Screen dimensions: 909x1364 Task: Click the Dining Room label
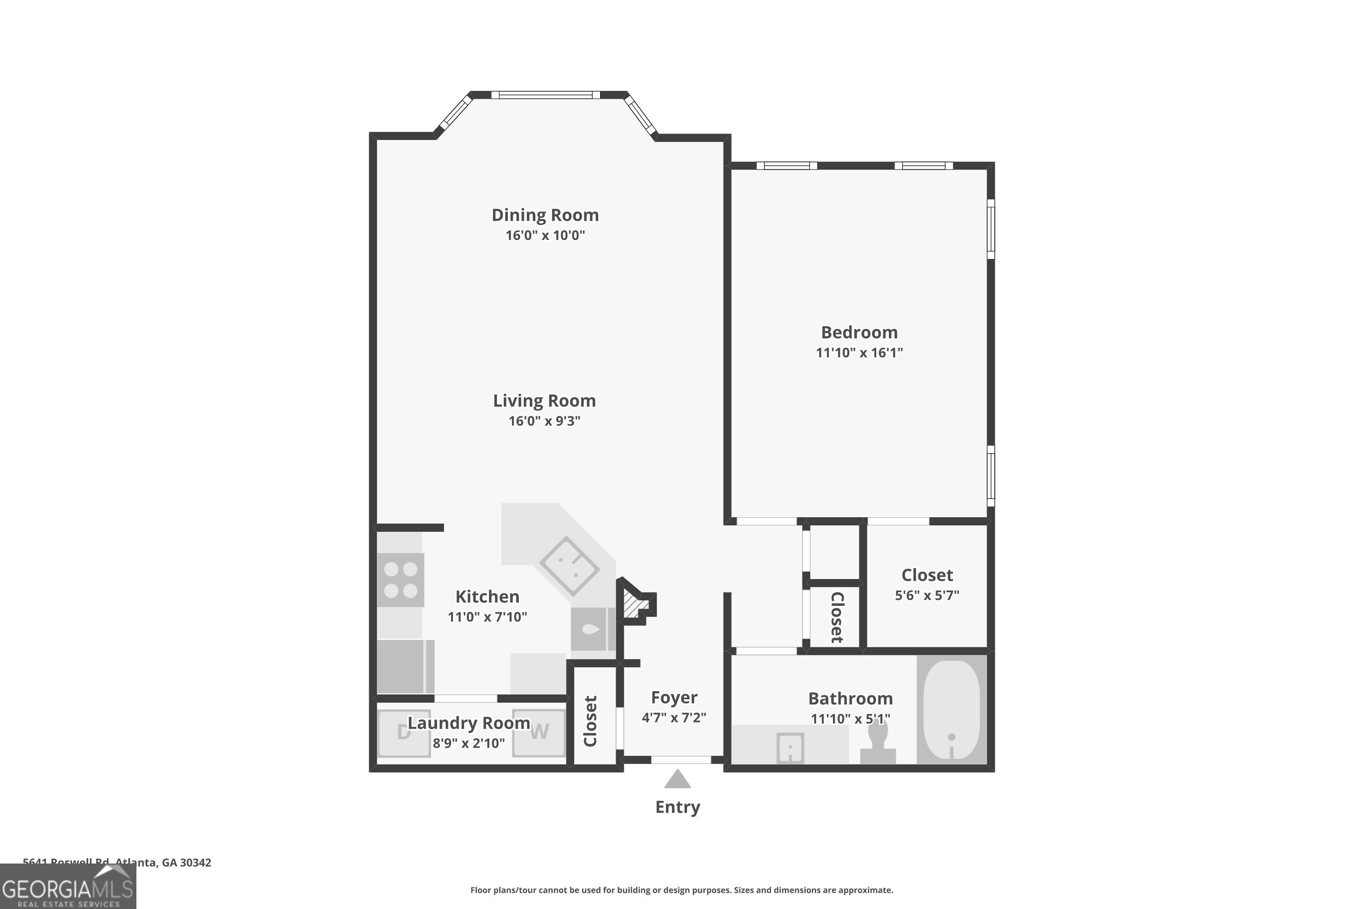(545, 215)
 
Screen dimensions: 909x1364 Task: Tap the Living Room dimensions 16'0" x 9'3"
(544, 421)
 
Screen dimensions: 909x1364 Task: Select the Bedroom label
(859, 332)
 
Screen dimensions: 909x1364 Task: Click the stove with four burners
(400, 580)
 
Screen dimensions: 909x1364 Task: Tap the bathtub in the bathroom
(951, 709)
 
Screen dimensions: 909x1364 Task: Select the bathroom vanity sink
(790, 748)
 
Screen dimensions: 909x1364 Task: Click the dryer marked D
(404, 733)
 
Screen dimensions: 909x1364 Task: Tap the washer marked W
(539, 733)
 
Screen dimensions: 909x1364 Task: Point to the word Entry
(677, 807)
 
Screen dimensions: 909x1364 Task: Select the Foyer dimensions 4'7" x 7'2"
(673, 718)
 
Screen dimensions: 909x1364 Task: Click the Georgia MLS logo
(68, 886)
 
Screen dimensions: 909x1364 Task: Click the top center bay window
(545, 95)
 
